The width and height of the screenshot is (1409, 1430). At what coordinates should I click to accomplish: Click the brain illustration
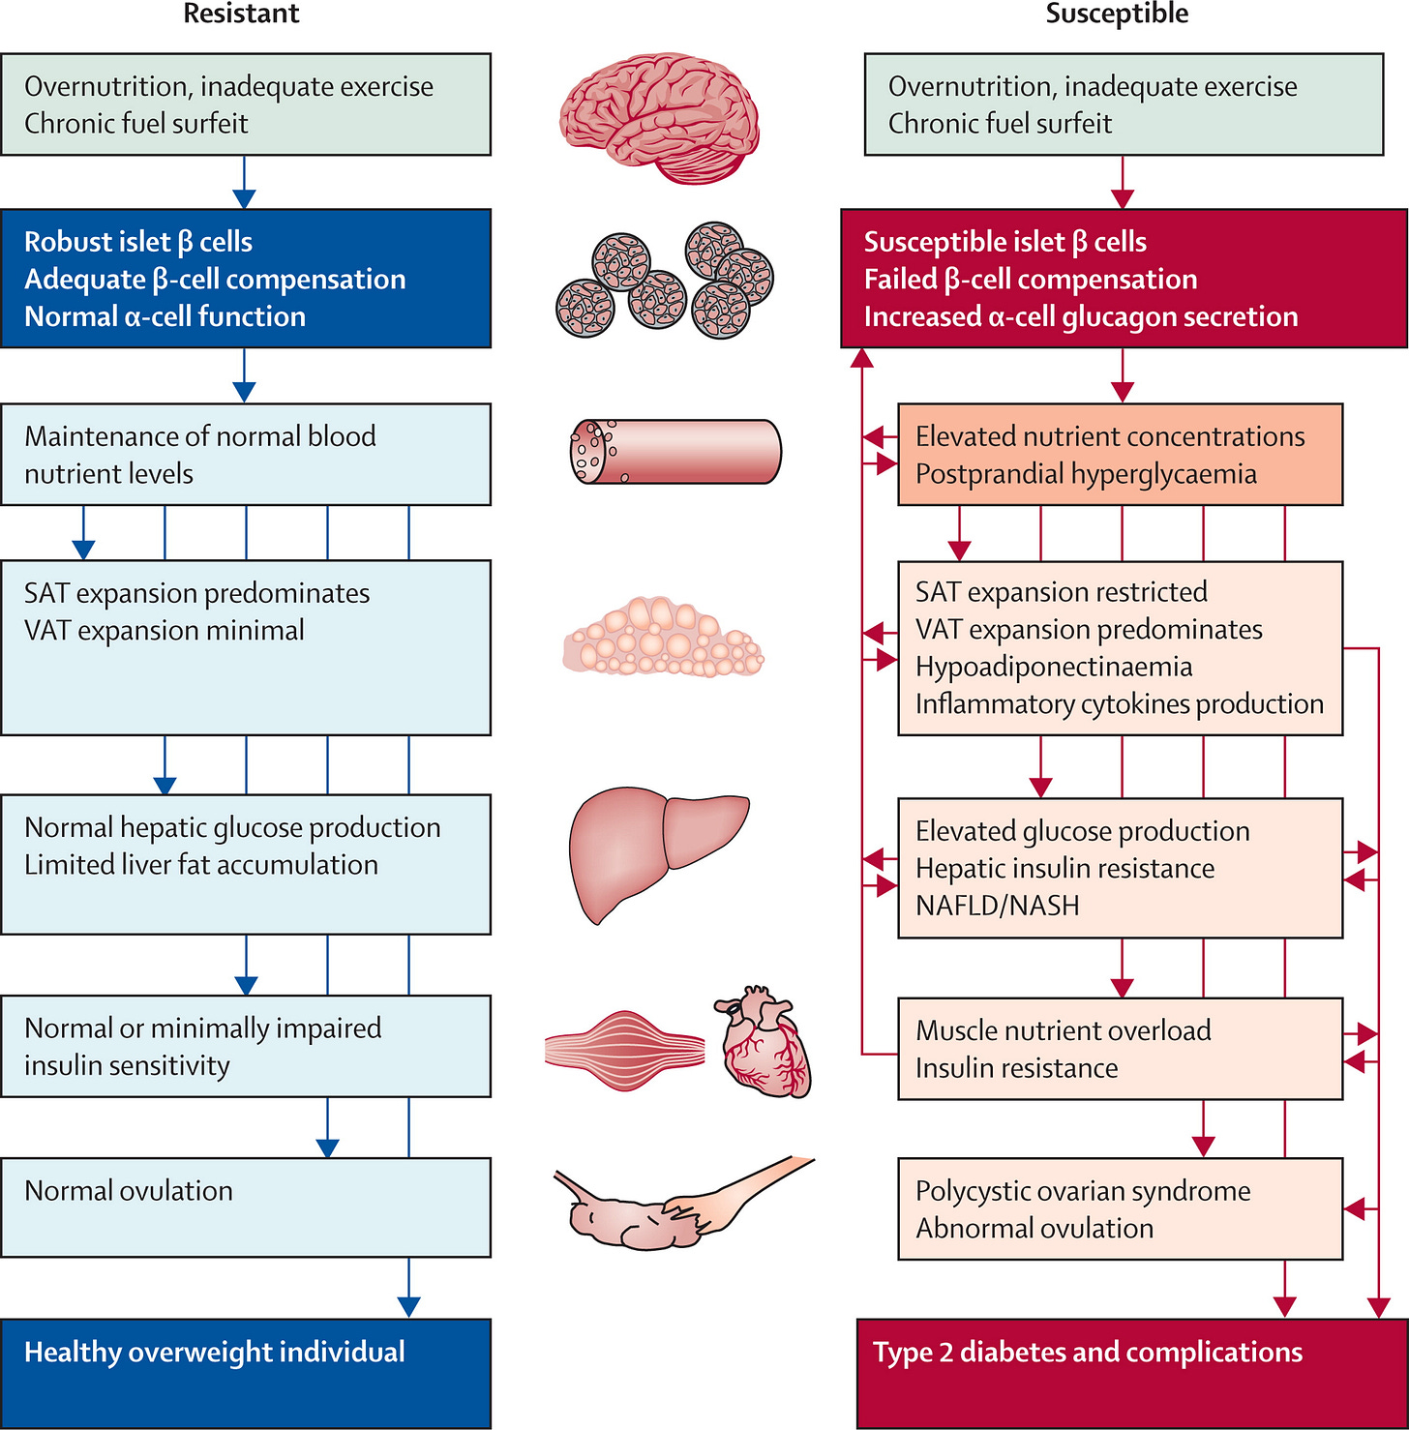click(660, 115)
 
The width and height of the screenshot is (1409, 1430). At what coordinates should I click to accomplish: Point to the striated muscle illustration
click(625, 1050)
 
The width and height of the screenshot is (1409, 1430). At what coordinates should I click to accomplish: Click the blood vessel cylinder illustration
click(675, 451)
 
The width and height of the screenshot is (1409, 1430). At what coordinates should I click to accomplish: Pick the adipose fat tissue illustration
click(664, 636)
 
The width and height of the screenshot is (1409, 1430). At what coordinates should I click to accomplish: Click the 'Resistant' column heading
click(241, 14)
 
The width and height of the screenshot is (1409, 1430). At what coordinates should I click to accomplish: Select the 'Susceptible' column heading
click(1118, 14)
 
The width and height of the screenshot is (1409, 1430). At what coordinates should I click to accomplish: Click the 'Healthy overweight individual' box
click(246, 1373)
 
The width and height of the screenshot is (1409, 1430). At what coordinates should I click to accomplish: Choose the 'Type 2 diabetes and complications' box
click(1132, 1373)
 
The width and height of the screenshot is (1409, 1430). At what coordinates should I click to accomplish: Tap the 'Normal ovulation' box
click(246, 1207)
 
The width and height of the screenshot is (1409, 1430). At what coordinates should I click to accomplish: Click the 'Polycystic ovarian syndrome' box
click(1121, 1208)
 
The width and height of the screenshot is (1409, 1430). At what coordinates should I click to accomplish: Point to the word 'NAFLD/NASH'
click(998, 906)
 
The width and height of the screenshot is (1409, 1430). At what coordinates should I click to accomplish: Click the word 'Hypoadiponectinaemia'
click(1054, 667)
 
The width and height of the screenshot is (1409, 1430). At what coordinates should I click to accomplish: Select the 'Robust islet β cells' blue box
click(246, 279)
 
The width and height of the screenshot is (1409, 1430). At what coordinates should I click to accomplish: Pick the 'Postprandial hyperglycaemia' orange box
click(1121, 455)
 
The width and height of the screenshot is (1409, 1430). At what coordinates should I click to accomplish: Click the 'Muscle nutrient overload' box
click(1121, 1049)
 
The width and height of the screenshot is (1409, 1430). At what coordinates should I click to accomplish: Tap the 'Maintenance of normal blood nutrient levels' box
click(246, 455)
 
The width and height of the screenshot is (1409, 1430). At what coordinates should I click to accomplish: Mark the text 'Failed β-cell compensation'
click(1031, 280)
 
